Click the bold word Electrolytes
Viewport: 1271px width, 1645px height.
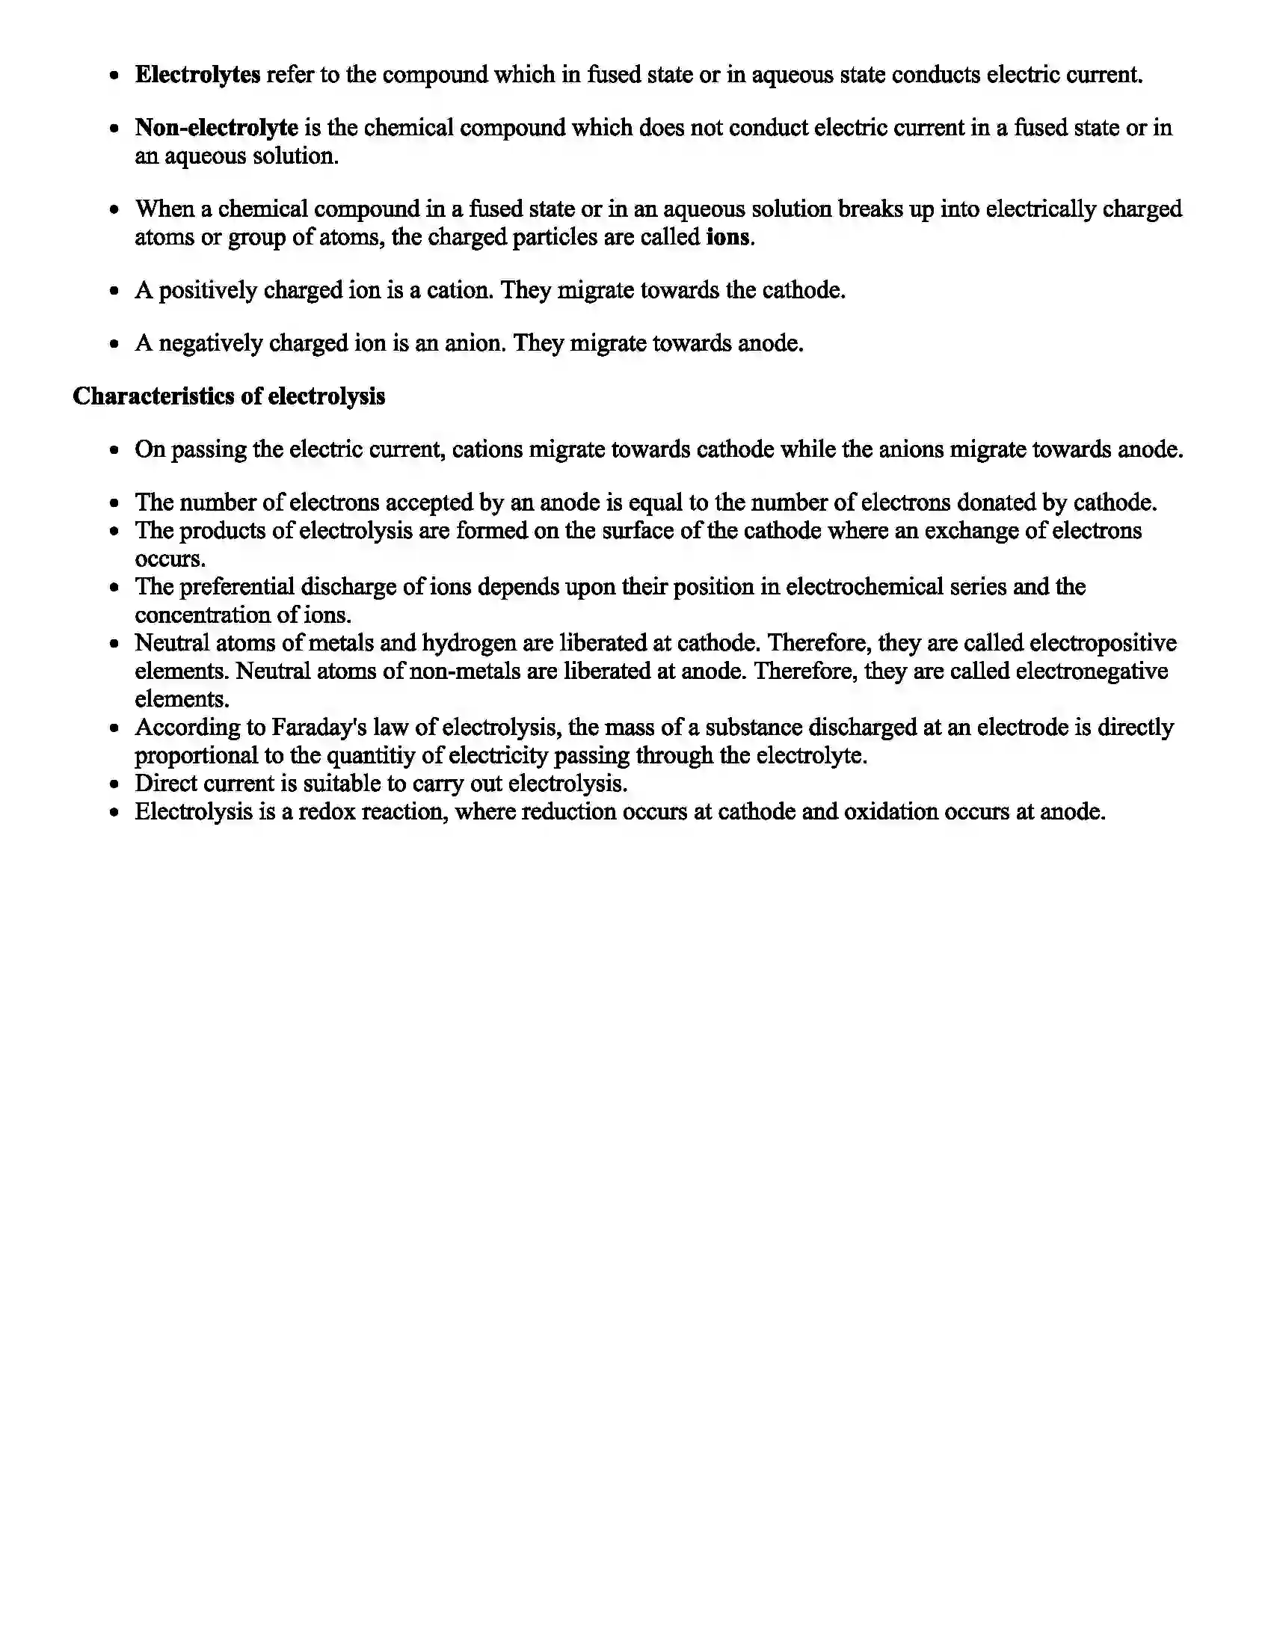coord(197,75)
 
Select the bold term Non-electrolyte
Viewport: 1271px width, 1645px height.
coord(216,127)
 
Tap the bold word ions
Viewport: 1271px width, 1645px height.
coord(728,237)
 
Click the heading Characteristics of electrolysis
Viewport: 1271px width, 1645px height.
coord(228,396)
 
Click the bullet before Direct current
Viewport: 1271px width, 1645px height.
coord(114,785)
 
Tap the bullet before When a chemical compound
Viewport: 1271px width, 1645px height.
coord(114,209)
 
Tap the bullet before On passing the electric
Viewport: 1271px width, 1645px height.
coord(114,450)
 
